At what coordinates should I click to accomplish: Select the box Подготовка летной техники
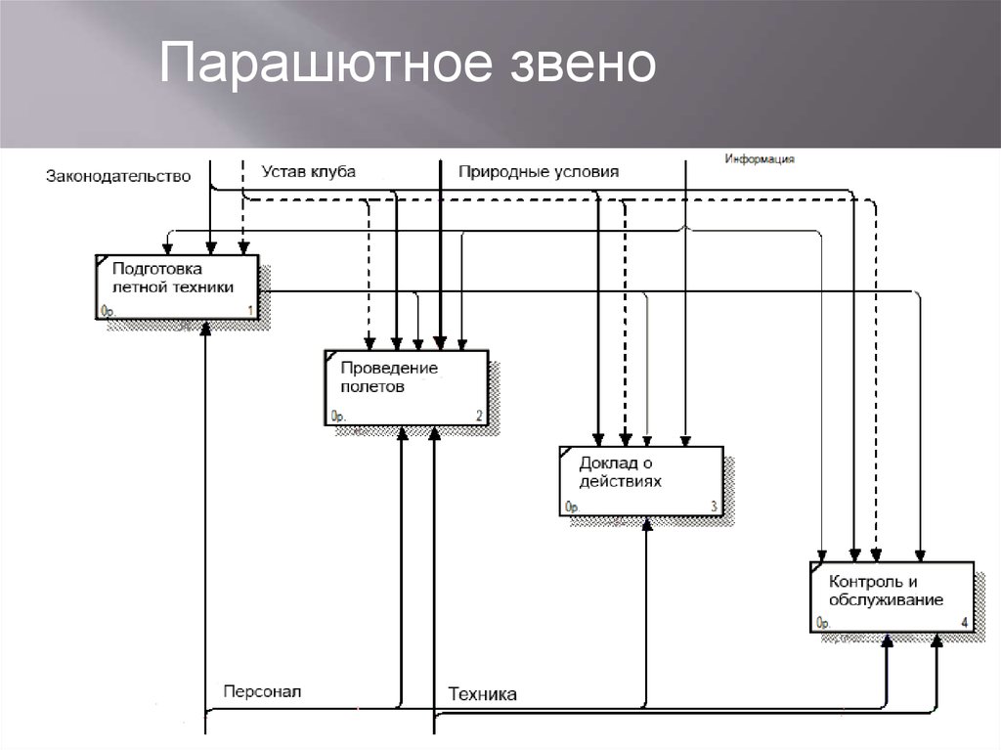coord(177,287)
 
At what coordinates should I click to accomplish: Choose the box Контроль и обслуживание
coord(892,596)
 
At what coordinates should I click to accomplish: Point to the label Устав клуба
coord(309,171)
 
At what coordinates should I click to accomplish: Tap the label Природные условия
coord(539,172)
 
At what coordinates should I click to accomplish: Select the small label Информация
coord(759,158)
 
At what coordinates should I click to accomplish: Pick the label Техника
coord(482,694)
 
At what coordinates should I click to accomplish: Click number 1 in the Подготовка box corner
coord(249,311)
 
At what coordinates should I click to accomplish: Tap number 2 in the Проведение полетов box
coord(479,416)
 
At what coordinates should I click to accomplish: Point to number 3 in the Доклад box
coord(715,507)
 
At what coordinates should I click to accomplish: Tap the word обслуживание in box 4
coord(886,600)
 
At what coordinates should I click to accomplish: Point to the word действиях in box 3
coord(620,481)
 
